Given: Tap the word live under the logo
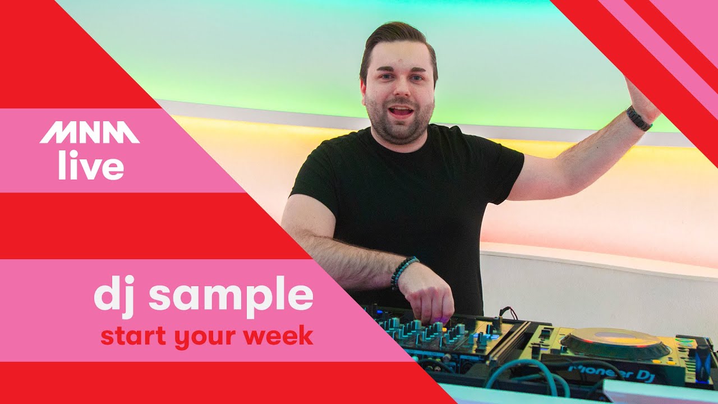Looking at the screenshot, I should click(x=91, y=167).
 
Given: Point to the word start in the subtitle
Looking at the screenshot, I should click(x=132, y=336).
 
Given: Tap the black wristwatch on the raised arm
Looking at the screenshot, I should click(x=639, y=118).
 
